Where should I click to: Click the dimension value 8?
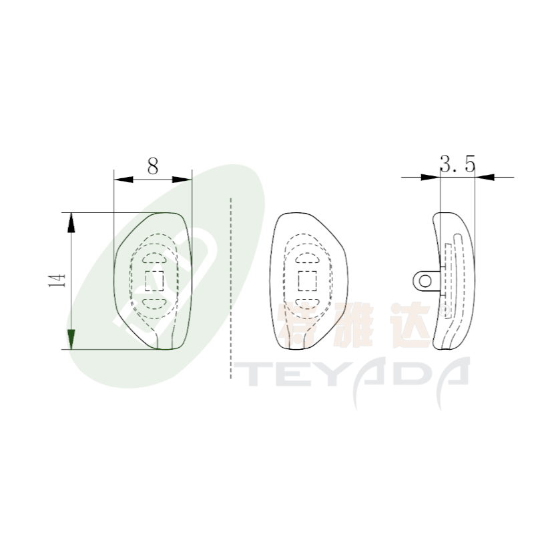153,166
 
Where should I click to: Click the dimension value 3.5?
457,164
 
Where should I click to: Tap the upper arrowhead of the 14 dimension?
71,222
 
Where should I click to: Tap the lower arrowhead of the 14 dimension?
71,339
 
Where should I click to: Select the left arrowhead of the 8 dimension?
123,179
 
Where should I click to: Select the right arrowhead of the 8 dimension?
182,179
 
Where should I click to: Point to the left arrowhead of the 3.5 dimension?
431,177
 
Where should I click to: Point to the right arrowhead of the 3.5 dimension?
485,177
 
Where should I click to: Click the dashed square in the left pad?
154,281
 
